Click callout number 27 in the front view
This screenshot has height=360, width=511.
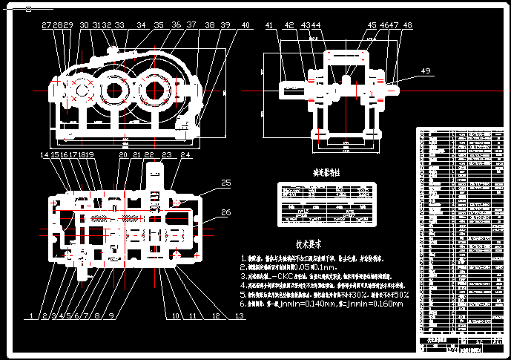click(47, 25)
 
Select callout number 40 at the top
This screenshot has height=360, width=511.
click(245, 25)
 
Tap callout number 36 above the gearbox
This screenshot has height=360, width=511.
click(176, 25)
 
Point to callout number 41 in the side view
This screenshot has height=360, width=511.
click(269, 25)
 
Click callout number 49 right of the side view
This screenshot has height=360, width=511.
click(425, 71)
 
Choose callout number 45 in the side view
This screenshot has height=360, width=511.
click(372, 25)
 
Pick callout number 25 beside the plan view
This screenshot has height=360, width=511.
click(226, 182)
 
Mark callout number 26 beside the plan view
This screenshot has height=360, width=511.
click(226, 213)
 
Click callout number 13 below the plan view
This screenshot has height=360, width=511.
click(239, 316)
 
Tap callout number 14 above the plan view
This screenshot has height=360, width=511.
click(44, 155)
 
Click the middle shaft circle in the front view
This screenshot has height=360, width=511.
click(113, 93)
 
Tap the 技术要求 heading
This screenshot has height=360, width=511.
click(308, 243)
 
